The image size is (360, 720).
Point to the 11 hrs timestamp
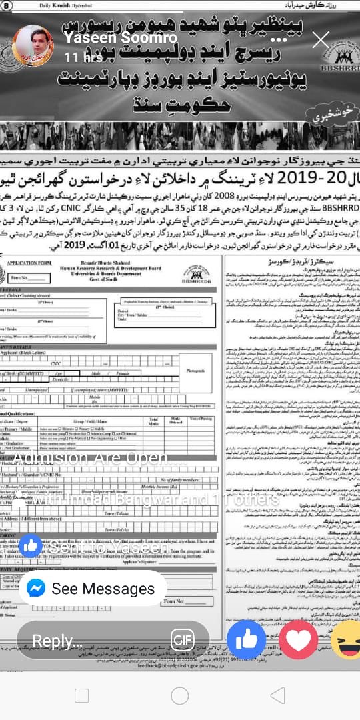click(x=79, y=57)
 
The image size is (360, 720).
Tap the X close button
click(x=321, y=39)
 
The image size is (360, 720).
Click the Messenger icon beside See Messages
click(x=37, y=589)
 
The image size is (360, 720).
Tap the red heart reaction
click(x=298, y=640)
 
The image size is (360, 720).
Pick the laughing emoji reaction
click(x=347, y=640)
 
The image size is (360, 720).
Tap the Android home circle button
click(x=180, y=696)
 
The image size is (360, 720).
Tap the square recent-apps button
click(x=81, y=696)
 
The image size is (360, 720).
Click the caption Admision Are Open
click(x=101, y=441)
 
